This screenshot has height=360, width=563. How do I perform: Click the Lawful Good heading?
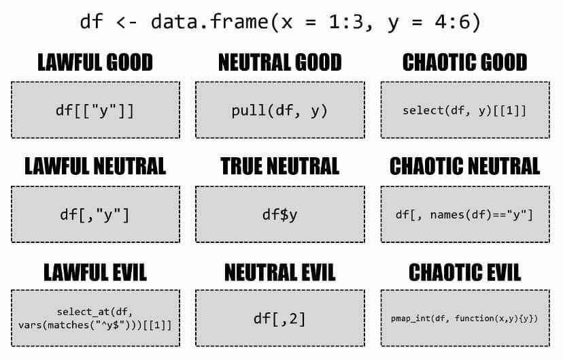[x=95, y=63]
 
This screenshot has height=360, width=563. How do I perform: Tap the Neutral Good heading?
[x=280, y=63]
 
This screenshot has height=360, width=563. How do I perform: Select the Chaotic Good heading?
[x=465, y=63]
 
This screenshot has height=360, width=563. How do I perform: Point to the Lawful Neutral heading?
[x=95, y=166]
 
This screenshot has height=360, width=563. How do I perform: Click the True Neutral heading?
[x=280, y=166]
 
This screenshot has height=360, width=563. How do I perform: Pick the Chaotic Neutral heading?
[x=465, y=166]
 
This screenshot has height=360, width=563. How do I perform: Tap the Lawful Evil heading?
[x=95, y=272]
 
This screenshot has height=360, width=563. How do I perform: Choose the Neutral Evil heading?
[x=280, y=272]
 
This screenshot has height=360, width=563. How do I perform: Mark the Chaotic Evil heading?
[x=465, y=272]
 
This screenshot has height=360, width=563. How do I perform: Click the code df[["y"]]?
[x=95, y=111]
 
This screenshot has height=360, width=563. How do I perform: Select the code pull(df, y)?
[x=279, y=111]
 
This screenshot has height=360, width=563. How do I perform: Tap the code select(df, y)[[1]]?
[x=464, y=111]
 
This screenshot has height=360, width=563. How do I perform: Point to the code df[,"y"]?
[x=95, y=215]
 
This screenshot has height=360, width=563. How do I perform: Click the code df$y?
[x=279, y=215]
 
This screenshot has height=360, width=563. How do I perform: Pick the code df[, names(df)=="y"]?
[x=464, y=215]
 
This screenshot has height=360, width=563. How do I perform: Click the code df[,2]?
[x=279, y=318]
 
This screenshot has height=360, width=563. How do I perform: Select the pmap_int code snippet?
[x=464, y=318]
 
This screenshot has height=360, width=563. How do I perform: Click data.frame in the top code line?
[x=209, y=22]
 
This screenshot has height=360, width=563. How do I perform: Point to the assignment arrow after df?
[x=126, y=22]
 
